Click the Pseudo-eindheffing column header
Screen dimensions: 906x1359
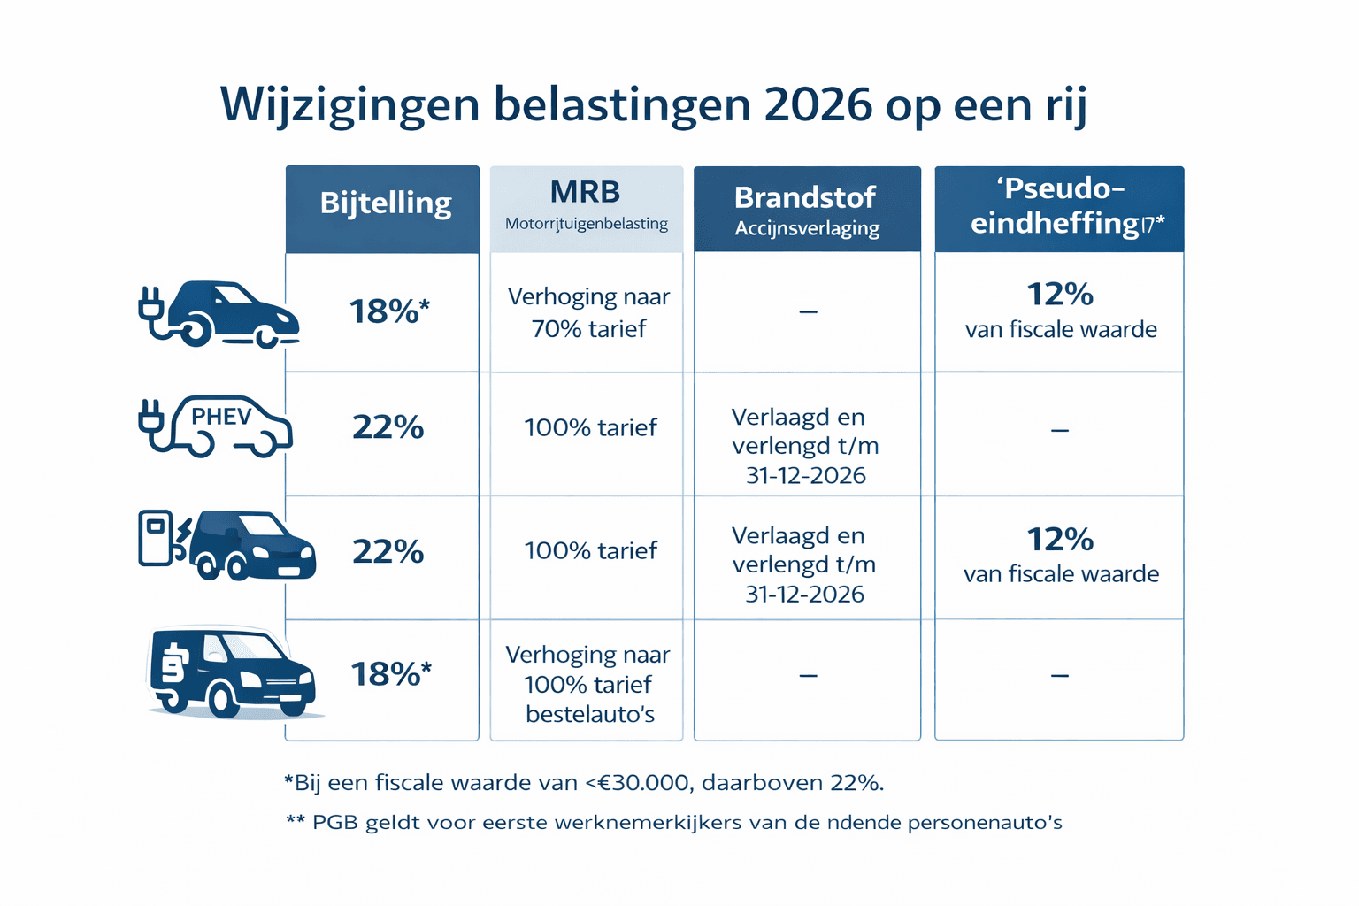[1059, 206]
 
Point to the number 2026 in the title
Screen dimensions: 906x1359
[818, 105]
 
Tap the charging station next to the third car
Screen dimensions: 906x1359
[157, 537]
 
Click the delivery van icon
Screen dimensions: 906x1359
[230, 672]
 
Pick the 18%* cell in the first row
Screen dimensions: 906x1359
[388, 311]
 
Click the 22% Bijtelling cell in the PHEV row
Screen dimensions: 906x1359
[388, 427]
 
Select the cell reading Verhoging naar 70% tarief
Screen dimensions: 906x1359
[588, 312]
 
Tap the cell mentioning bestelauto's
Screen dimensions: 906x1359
[588, 684]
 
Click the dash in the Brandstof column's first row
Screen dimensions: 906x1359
[808, 312]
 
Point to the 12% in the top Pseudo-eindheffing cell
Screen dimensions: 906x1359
[1060, 294]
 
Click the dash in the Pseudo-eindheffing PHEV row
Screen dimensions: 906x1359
[1060, 431]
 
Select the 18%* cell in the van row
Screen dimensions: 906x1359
[390, 674]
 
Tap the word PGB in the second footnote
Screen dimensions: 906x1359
[335, 823]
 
